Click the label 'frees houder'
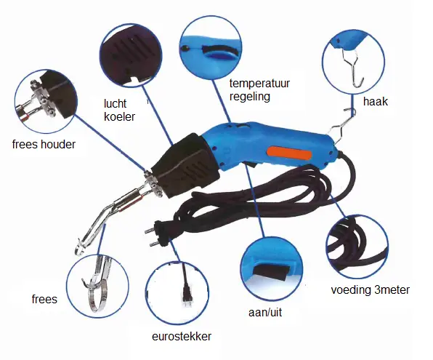pos(44,144)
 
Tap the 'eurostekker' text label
pos(182,336)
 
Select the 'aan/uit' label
pos(265,313)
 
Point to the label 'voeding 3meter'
pos(370,290)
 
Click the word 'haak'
pos(376,102)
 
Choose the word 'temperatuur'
pos(259,83)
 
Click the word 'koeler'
pos(119,116)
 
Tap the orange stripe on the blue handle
pos(289,153)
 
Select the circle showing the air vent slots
pos(131,55)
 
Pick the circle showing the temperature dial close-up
pos(211,48)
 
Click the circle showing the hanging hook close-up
pos(353,62)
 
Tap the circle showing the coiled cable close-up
pos(357,247)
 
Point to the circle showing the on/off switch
pos(271,268)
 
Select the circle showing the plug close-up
pos(177,292)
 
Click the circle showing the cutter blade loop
pos(97,286)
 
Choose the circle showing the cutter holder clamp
pos(46,101)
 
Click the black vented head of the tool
pos(185,166)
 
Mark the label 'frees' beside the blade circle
pos(44,299)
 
